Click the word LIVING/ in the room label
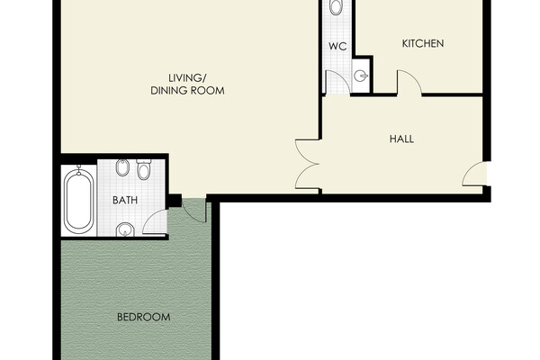coord(187,78)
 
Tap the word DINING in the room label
coord(166,91)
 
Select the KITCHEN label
coord(423,43)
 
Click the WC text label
coord(337,46)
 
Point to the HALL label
coord(401,139)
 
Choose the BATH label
coord(125,200)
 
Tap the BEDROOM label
coord(144,317)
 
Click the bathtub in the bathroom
coord(79,201)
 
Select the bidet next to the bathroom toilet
coord(122,167)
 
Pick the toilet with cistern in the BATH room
coord(144,169)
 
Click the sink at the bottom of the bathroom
coord(125,229)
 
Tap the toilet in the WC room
coord(336,7)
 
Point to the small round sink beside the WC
coord(361,76)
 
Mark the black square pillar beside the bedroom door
coord(175,201)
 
